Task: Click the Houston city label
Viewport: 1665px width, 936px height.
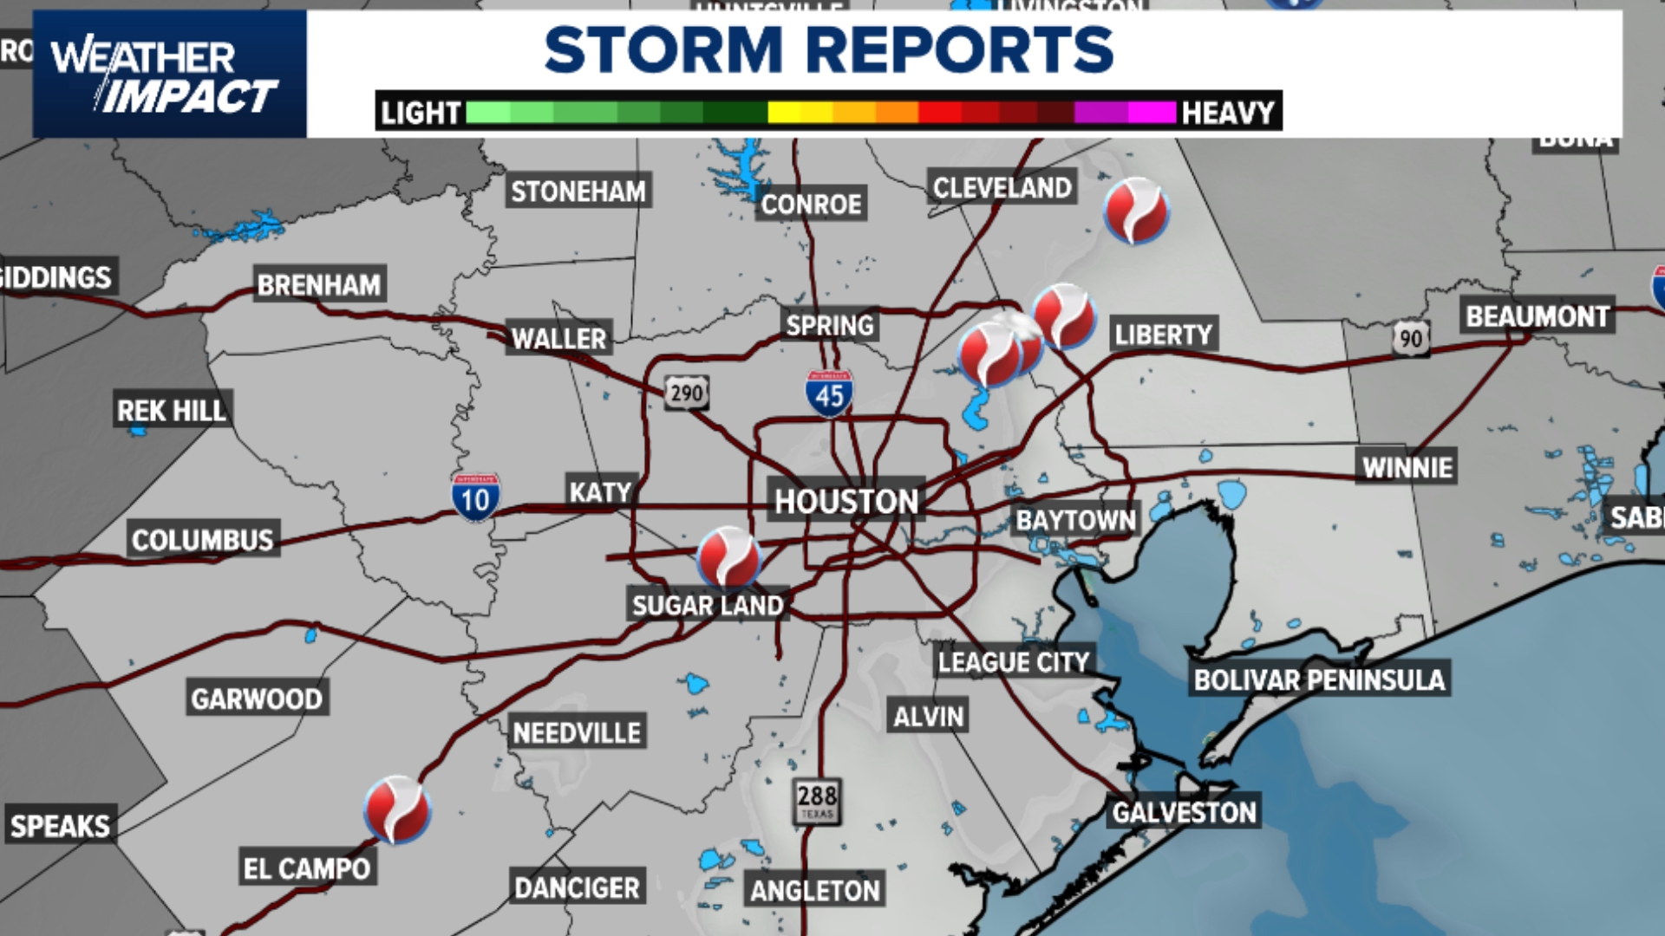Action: click(x=846, y=501)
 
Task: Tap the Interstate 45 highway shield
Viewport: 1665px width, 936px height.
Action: click(x=829, y=394)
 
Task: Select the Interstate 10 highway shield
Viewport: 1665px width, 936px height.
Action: click(x=475, y=497)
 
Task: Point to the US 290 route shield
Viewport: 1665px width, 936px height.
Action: click(x=687, y=393)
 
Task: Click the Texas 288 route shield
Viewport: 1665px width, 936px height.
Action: click(x=817, y=800)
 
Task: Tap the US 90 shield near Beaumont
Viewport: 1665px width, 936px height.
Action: click(x=1411, y=338)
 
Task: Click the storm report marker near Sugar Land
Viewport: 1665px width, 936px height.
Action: click(x=729, y=558)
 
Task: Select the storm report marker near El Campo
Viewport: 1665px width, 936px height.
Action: click(x=397, y=809)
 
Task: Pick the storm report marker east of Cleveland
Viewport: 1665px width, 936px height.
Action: click(x=1136, y=211)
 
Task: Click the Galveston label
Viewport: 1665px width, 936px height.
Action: click(x=1184, y=812)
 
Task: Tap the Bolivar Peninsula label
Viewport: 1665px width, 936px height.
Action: click(x=1319, y=679)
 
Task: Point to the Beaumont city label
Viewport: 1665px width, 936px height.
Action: click(x=1538, y=316)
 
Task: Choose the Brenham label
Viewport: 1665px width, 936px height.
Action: click(x=319, y=284)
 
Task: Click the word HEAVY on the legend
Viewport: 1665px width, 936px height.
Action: click(x=1228, y=113)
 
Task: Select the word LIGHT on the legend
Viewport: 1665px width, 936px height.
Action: click(x=421, y=113)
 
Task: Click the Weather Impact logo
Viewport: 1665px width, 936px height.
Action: click(x=169, y=75)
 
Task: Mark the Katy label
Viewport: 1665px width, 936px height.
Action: click(x=600, y=491)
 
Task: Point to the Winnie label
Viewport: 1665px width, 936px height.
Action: click(x=1407, y=467)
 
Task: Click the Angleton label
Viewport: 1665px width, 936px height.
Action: click(x=815, y=890)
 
